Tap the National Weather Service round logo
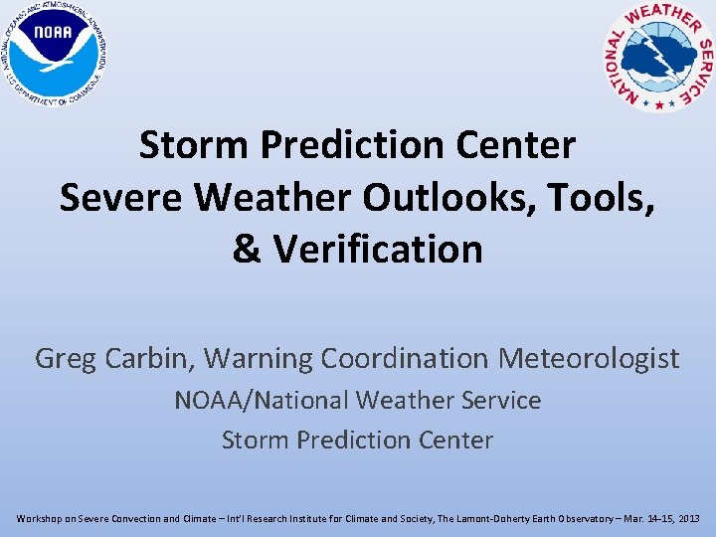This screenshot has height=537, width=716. pyautogui.click(x=659, y=55)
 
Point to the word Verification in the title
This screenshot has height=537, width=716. pyautogui.click(x=378, y=249)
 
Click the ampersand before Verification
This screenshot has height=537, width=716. pyautogui.click(x=247, y=249)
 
